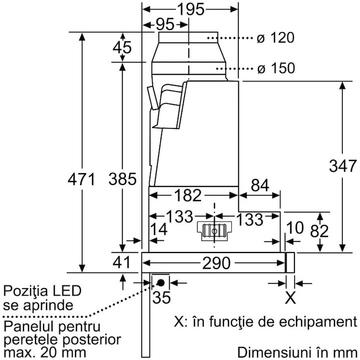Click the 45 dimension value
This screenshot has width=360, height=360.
pos(122,48)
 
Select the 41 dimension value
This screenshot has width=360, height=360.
pos(122,262)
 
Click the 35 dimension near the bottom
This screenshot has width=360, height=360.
pos(158,298)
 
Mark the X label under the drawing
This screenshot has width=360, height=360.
pos(290,297)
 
